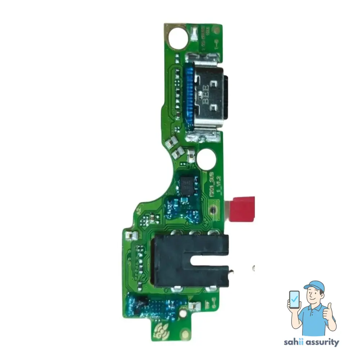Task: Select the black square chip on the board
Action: pyautogui.click(x=187, y=184)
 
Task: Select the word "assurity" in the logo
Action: pyautogui.click(x=321, y=342)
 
